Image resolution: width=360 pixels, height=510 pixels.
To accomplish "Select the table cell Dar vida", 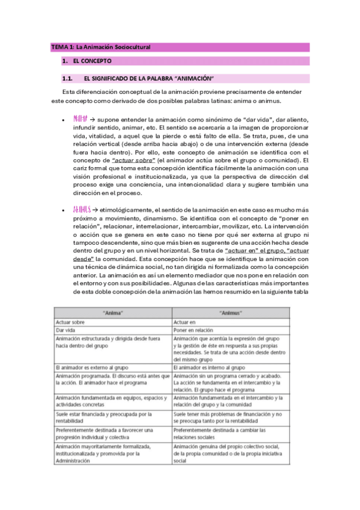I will point(66,331).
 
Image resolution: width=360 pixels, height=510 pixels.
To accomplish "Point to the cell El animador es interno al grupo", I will point(209,367).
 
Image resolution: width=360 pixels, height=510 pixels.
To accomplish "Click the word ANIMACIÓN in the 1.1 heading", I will point(191,78).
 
